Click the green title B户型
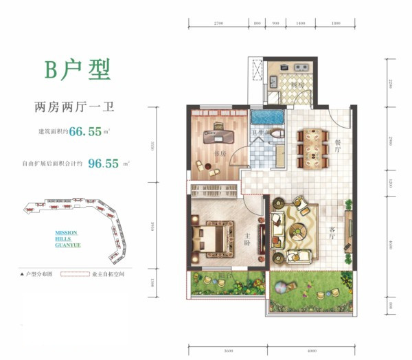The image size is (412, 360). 77,69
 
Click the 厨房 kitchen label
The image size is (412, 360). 296,85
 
